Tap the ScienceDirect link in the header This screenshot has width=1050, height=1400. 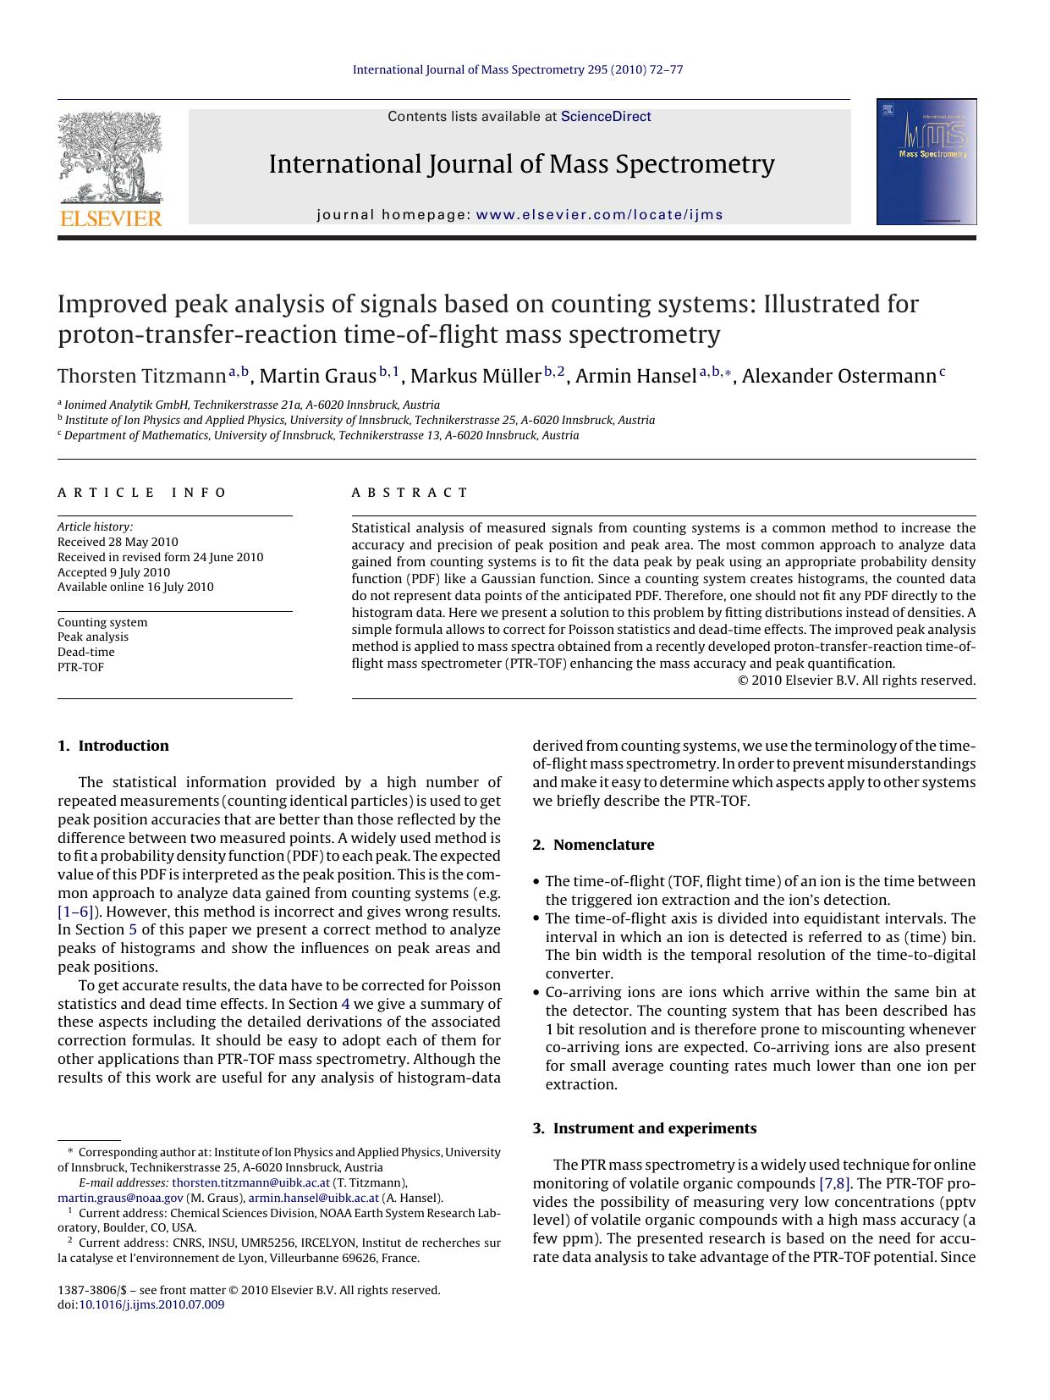(x=606, y=117)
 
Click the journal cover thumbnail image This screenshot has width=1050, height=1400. (x=926, y=162)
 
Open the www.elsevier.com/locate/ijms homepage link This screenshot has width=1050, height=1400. (x=599, y=215)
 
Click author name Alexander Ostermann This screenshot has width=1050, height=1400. (x=838, y=377)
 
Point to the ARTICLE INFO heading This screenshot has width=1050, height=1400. (x=142, y=493)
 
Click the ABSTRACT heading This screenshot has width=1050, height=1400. (x=410, y=493)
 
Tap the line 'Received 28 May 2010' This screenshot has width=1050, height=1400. (x=118, y=542)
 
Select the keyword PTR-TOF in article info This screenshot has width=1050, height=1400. (x=80, y=667)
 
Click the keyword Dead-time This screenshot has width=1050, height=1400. (x=85, y=652)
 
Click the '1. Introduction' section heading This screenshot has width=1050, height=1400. (x=113, y=746)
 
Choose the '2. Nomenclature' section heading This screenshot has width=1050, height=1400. (x=593, y=845)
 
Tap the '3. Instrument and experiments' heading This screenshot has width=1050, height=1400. (x=645, y=1128)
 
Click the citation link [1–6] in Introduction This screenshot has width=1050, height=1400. (x=74, y=912)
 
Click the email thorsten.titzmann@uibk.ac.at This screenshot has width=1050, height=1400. (x=250, y=1183)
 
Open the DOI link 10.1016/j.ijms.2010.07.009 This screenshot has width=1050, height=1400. (x=151, y=1305)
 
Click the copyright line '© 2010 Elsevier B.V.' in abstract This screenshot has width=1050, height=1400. (x=856, y=681)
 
